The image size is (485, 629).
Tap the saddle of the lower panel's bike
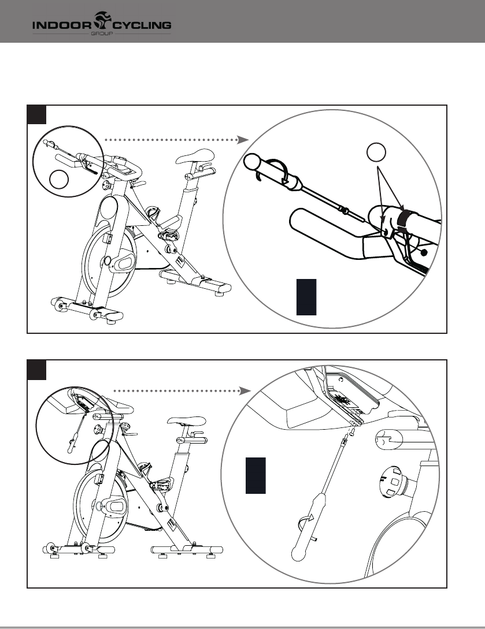[186, 421]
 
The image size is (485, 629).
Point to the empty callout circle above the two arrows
[376, 153]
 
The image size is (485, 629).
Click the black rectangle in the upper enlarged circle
[306, 296]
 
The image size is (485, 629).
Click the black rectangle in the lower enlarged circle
[256, 475]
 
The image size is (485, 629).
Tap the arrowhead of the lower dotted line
[245, 391]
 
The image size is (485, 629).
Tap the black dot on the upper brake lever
[424, 252]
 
